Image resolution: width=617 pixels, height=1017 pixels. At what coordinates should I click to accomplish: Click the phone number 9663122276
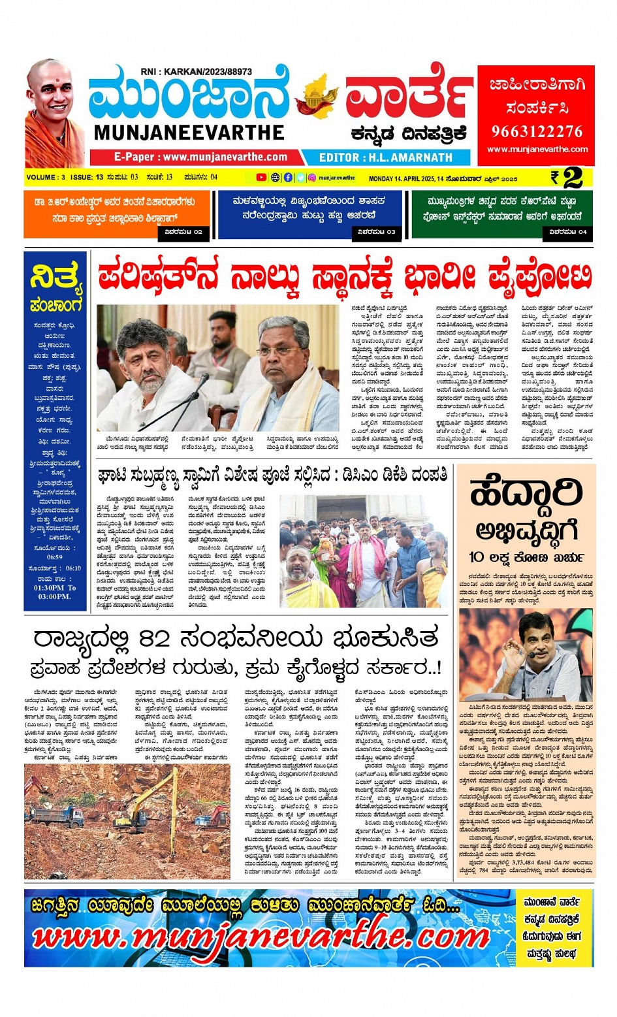click(536, 131)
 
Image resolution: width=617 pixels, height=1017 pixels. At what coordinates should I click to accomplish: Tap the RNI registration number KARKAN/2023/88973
click(196, 72)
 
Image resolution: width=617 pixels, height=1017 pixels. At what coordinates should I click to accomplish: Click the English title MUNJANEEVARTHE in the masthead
click(189, 133)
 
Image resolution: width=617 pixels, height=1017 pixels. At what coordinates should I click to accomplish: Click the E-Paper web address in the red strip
click(200, 157)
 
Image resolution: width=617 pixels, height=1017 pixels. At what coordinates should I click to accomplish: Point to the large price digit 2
click(573, 177)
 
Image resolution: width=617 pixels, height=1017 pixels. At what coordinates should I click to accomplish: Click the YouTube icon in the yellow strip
click(261, 177)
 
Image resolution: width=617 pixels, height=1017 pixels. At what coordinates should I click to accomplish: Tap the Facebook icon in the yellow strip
click(288, 177)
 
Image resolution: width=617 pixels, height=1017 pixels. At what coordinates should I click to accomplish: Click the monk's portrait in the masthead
click(55, 114)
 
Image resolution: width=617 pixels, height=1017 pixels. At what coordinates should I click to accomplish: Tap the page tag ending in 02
click(184, 232)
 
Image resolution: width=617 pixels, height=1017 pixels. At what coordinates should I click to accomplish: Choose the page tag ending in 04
click(568, 232)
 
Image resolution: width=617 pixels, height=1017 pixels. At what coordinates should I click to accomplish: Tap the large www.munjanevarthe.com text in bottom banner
click(261, 937)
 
